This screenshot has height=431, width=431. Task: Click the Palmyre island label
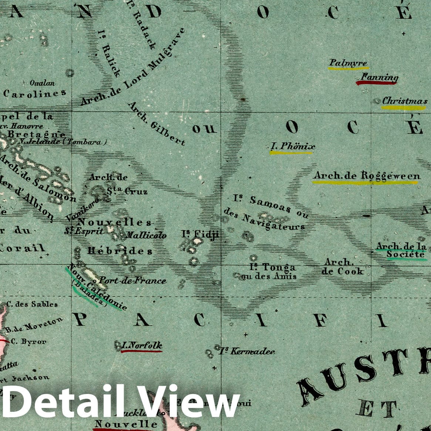(x=348, y=63)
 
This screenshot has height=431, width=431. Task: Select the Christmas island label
(x=405, y=101)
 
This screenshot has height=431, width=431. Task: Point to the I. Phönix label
(x=292, y=147)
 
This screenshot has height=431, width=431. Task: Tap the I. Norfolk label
(x=142, y=346)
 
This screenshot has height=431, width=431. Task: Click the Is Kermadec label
(x=247, y=351)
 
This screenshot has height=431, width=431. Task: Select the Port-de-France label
(x=133, y=280)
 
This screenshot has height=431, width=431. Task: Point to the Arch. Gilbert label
(x=156, y=124)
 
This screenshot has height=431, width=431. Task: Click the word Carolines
(x=35, y=93)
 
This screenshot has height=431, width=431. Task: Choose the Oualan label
(x=42, y=83)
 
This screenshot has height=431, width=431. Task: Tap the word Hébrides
(x=119, y=251)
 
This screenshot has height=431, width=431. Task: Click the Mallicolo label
(x=146, y=235)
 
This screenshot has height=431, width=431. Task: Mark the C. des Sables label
(x=32, y=304)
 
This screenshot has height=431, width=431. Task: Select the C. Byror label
(x=29, y=341)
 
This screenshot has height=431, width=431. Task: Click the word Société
(x=405, y=254)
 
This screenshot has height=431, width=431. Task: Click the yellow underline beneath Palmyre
(x=348, y=68)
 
